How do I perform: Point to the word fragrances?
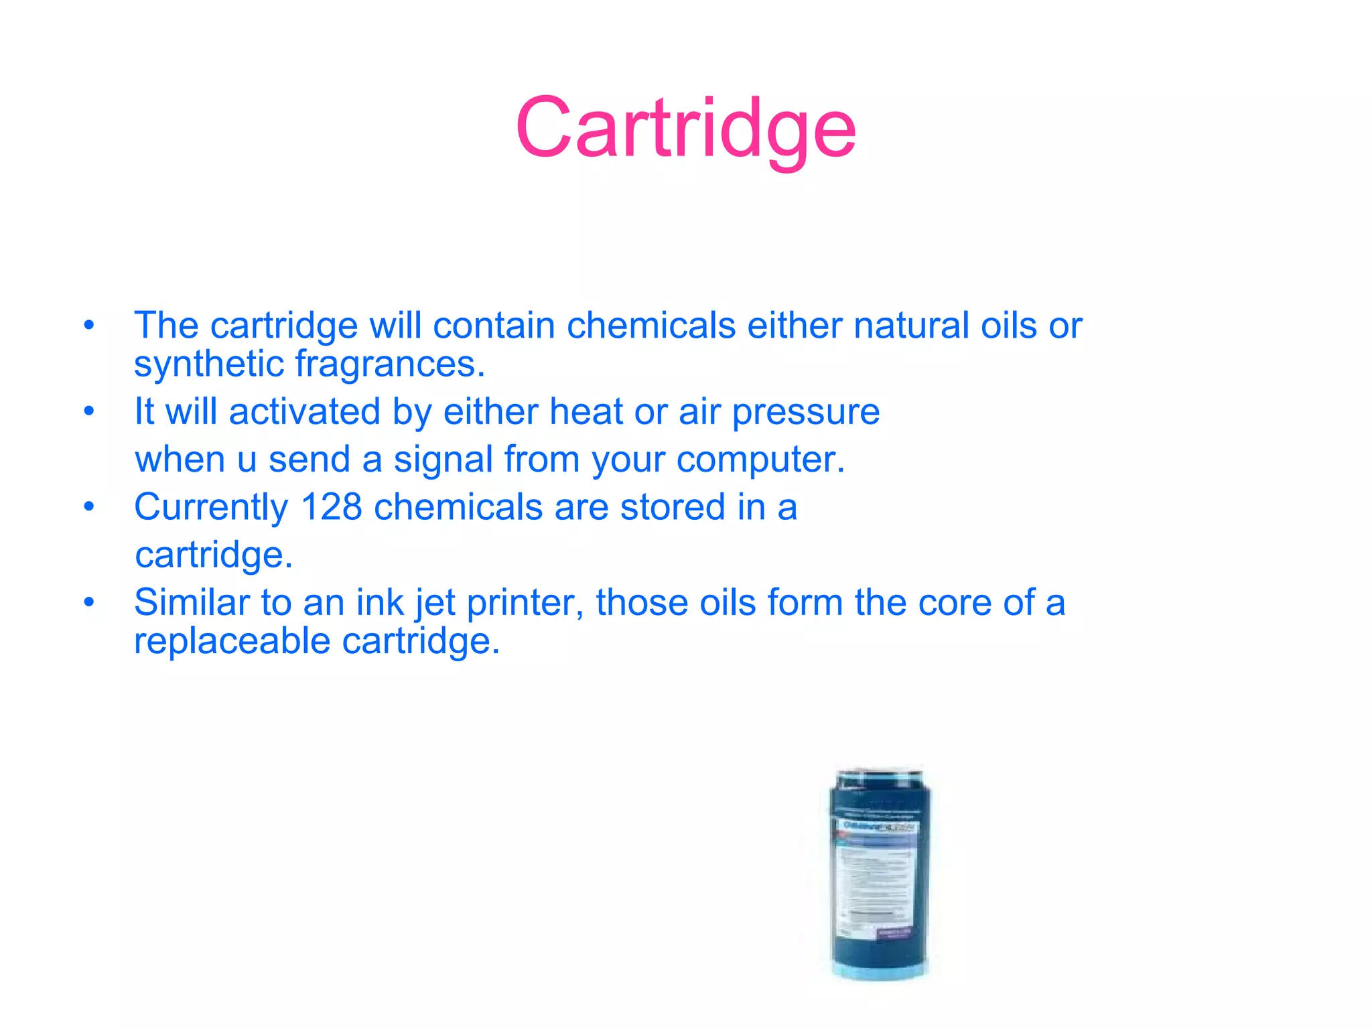389,364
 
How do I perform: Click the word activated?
305,411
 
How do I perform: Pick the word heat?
586,411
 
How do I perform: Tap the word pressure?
805,413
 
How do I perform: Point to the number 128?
332,507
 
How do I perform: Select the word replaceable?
232,641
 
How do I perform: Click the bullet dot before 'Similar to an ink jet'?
89,602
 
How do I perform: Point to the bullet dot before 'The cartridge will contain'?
89,326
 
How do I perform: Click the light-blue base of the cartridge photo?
879,971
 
